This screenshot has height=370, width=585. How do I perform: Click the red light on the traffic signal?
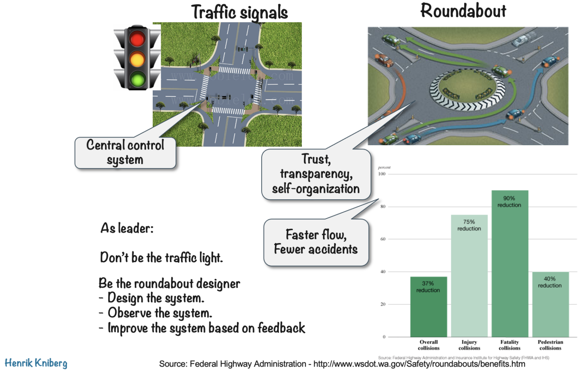coord(137,39)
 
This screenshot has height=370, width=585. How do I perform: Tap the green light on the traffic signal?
coord(137,79)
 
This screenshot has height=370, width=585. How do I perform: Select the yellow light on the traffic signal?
coord(137,59)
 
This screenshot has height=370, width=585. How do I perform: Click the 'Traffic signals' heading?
coord(240,12)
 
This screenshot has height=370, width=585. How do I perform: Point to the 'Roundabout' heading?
coord(463,11)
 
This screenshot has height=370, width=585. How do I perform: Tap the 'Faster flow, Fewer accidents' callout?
coord(316,242)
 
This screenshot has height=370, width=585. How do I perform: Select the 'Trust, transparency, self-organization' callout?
coord(316,174)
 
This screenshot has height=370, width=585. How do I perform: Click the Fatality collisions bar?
coord(510,267)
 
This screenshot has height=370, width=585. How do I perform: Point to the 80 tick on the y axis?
coord(383,207)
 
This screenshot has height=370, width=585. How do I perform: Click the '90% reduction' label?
coord(509,202)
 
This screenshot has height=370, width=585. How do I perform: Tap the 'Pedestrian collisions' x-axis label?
coord(550,345)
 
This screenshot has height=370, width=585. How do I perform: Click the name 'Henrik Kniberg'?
coord(36,363)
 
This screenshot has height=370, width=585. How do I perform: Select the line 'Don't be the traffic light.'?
coord(161,258)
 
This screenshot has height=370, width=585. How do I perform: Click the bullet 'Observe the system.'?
coord(160,313)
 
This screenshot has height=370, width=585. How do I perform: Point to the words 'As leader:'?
coord(127,228)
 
